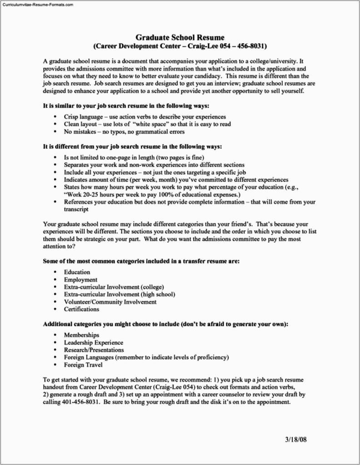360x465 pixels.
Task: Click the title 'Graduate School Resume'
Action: tap(180, 38)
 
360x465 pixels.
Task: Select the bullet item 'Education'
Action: tap(77, 272)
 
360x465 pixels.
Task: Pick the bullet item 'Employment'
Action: tap(80, 280)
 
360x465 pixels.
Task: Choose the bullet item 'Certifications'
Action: tap(81, 309)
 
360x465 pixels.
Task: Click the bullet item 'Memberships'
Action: tap(81, 335)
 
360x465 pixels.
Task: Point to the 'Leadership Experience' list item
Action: tap(93, 342)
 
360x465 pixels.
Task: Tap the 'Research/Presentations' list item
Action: tap(94, 350)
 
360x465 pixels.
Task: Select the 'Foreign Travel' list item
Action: tap(83, 365)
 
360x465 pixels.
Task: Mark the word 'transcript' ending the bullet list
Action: tap(76, 209)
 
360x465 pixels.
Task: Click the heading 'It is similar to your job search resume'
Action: tap(126, 106)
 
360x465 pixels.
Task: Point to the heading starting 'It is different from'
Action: tap(132, 147)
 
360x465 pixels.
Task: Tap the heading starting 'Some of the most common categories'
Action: tap(141, 261)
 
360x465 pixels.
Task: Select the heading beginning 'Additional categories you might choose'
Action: tap(165, 324)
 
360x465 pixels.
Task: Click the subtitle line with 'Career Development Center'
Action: tap(180, 47)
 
